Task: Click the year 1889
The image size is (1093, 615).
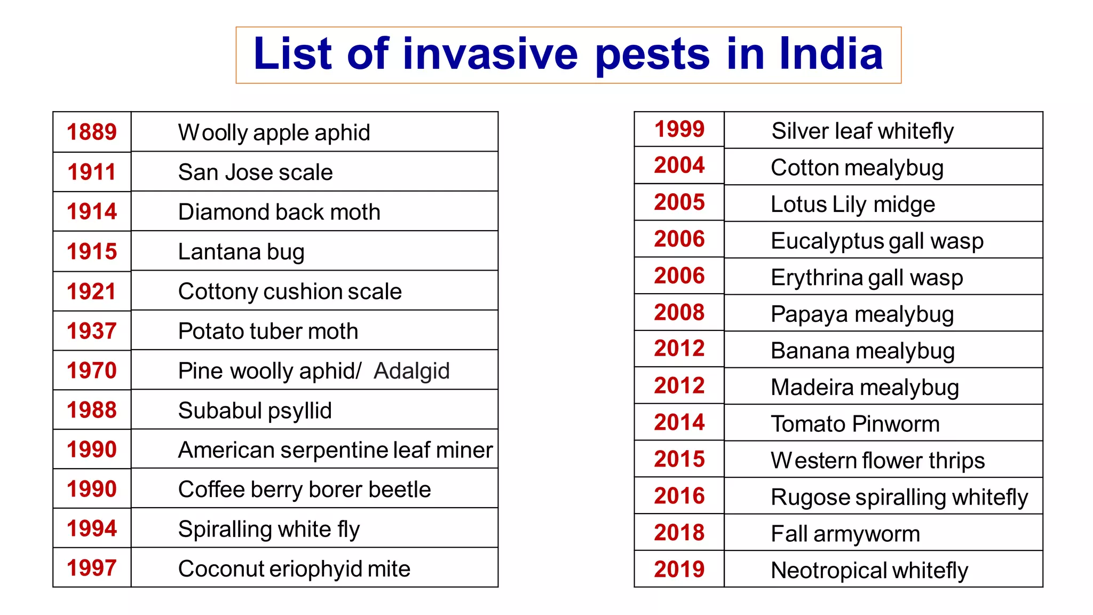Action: point(92,132)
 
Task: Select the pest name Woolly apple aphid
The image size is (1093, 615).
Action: point(274,132)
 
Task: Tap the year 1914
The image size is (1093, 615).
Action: point(92,211)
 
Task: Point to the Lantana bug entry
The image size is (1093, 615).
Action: point(241,251)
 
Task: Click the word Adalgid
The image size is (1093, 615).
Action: point(411,370)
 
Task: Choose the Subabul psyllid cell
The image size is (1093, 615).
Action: point(255,411)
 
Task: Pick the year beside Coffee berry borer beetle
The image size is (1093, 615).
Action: point(92,489)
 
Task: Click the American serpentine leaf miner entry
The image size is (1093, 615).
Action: point(335,450)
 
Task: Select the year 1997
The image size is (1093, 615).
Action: point(92,568)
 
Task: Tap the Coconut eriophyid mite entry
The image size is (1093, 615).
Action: point(294,569)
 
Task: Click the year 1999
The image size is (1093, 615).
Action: point(679,129)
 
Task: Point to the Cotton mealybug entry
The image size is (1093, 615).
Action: point(857,168)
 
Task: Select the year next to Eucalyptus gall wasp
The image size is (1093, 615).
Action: point(679,239)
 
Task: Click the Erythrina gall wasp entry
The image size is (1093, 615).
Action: point(867,278)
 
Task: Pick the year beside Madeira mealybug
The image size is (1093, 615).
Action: point(679,385)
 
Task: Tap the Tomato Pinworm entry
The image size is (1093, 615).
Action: point(855,424)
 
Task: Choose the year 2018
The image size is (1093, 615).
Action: point(679,533)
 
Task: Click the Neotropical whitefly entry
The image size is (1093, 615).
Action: point(869,570)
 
